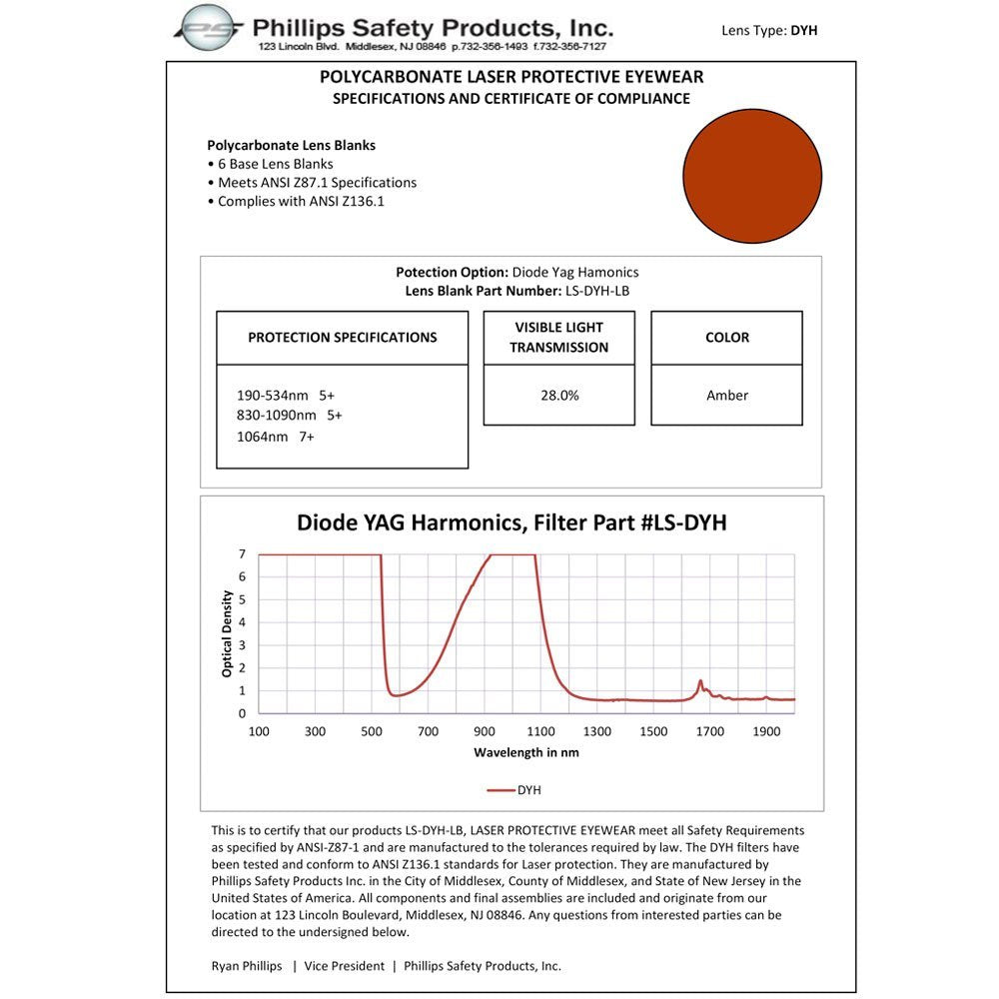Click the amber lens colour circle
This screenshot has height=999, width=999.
tap(752, 177)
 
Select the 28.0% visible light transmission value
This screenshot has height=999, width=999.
tap(559, 396)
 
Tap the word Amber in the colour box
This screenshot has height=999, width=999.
tap(727, 396)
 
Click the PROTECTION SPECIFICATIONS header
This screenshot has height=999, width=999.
tap(343, 338)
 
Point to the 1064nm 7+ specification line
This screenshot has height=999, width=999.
tap(276, 437)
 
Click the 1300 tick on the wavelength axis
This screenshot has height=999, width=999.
tap(597, 731)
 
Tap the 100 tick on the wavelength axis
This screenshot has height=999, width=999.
tap(259, 731)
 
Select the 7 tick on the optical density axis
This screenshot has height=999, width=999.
tap(242, 553)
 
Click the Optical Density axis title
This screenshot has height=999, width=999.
tap(228, 633)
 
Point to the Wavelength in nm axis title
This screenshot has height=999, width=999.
tap(525, 752)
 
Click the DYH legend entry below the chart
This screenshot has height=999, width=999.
tap(515, 790)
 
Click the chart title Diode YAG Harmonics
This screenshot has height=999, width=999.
tap(511, 522)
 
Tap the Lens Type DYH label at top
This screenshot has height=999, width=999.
tap(769, 30)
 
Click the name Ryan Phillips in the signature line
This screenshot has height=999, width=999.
tap(246, 966)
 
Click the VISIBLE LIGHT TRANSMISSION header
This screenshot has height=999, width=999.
tap(559, 338)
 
